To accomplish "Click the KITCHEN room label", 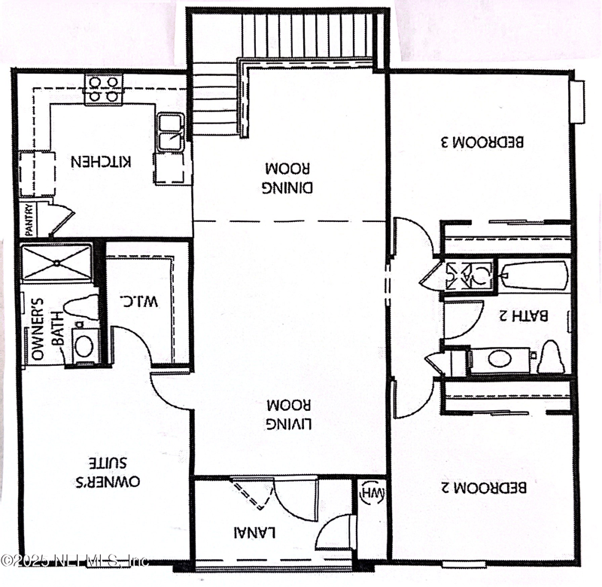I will tap(102, 161).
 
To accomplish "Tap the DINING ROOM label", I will tap(289, 175).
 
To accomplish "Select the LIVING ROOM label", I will tap(289, 413).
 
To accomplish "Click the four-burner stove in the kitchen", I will tap(103, 89).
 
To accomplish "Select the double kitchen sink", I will tap(172, 131).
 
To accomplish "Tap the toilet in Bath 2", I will tap(551, 357).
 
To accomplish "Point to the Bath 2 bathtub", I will tap(534, 275).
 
